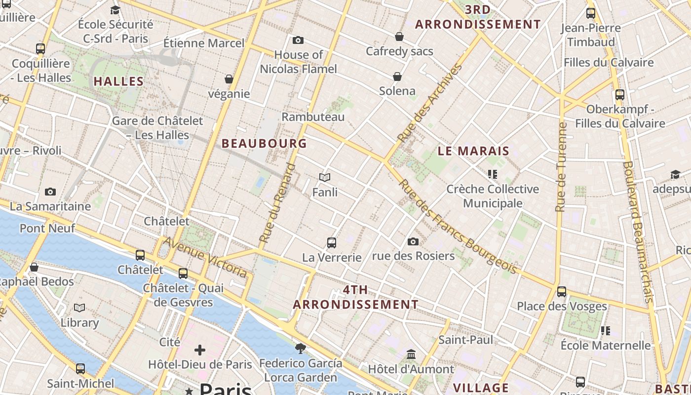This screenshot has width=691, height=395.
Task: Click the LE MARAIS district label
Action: point(473,151)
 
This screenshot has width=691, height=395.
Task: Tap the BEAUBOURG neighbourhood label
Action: point(264,144)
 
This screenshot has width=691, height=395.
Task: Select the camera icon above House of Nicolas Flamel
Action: point(298,40)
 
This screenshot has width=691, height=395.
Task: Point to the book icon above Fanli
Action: point(324,178)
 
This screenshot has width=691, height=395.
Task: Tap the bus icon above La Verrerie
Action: point(332,243)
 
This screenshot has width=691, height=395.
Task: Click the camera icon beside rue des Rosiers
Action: point(413,242)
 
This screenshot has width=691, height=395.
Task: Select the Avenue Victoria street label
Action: point(205,257)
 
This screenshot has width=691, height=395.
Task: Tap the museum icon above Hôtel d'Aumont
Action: point(411,355)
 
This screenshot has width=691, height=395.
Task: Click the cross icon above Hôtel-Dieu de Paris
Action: point(200,351)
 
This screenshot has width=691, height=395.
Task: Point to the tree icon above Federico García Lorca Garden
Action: point(300,349)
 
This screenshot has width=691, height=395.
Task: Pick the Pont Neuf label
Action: point(47,228)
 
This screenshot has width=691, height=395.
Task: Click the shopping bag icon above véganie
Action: point(229,79)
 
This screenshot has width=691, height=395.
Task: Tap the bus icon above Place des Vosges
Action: point(562,292)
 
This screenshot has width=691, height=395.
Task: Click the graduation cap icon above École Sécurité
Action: point(115,10)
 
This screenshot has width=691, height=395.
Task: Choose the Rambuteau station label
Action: point(313,117)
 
